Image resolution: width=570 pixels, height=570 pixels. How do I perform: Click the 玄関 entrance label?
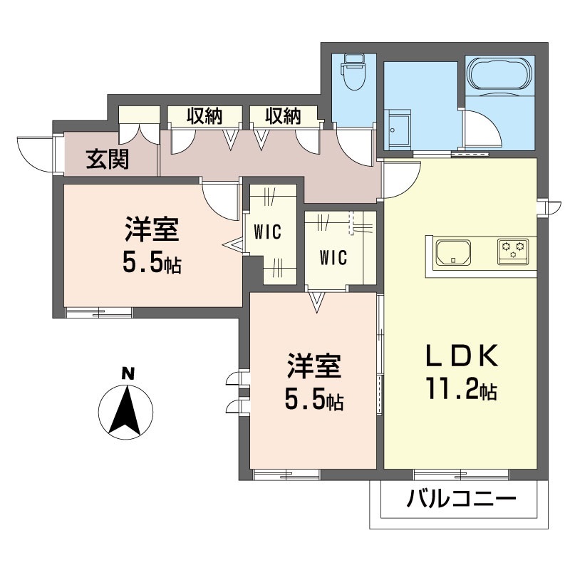point(108,160)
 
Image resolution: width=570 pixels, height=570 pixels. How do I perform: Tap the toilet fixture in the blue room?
point(353,72)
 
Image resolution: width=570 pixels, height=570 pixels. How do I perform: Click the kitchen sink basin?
point(453,252)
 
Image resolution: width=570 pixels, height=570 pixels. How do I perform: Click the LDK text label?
point(462,356)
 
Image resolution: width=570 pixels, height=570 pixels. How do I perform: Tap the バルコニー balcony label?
point(461,498)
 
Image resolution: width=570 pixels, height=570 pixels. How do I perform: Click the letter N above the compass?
point(128,373)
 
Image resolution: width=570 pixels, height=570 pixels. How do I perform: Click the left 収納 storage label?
point(204,116)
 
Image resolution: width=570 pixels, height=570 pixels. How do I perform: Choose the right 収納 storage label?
point(283,116)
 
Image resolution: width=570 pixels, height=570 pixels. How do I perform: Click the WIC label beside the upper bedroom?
point(268,232)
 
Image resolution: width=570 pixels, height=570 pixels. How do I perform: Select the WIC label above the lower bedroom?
point(333,257)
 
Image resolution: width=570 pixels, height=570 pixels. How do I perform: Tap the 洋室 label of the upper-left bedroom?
point(152,229)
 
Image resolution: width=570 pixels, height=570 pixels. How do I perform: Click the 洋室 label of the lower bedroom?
point(314,366)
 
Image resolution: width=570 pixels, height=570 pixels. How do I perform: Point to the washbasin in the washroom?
point(398,129)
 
